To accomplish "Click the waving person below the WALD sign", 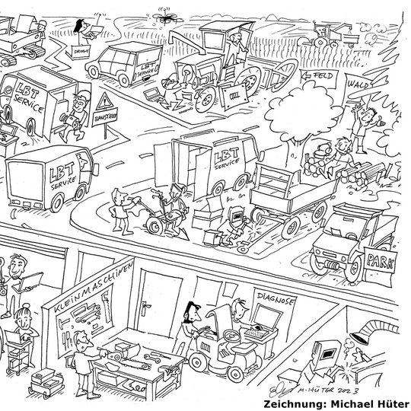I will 368,122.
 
